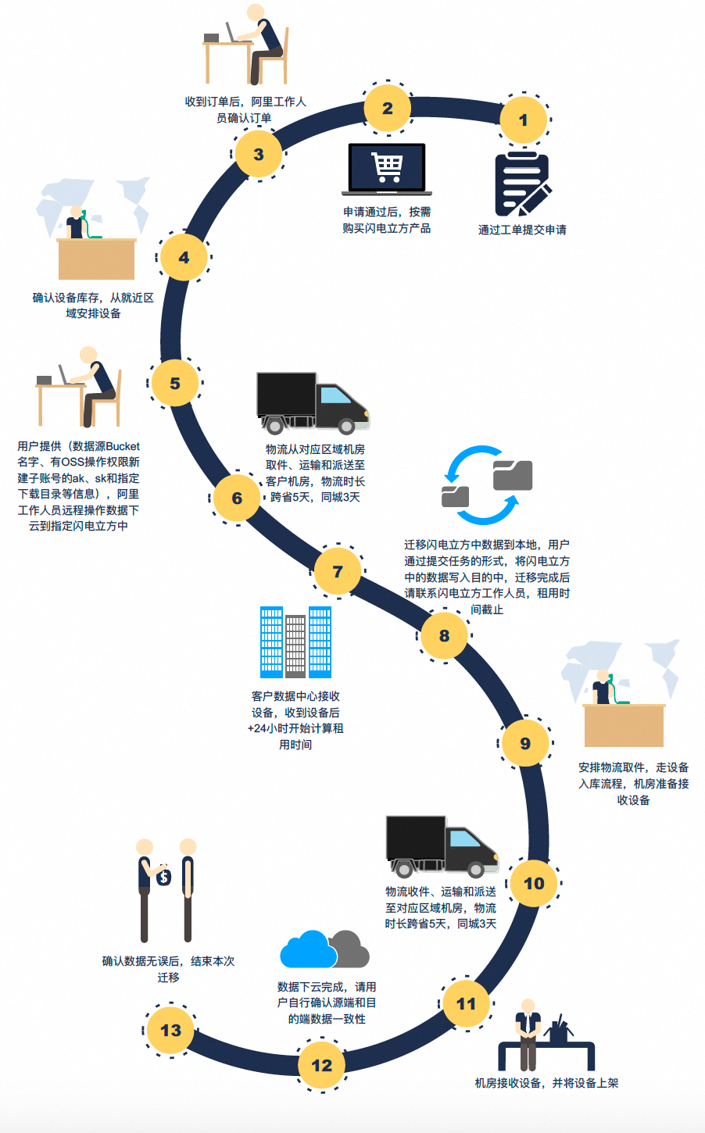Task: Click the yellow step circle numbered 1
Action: [x=523, y=120]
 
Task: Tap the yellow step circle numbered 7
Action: [x=338, y=571]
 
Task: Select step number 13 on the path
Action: [x=170, y=1030]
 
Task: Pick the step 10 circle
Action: [x=534, y=883]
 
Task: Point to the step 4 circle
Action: [x=184, y=257]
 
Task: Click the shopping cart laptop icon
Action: [x=387, y=169]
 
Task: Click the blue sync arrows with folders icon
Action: [x=487, y=484]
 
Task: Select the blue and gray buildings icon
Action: [x=295, y=642]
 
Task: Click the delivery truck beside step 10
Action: [x=442, y=846]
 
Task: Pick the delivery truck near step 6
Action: [x=313, y=402]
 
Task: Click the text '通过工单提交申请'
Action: [x=522, y=230]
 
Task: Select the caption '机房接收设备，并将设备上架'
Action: [x=546, y=1083]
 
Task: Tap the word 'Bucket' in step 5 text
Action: [x=122, y=446]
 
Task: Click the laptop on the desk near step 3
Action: [x=232, y=34]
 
